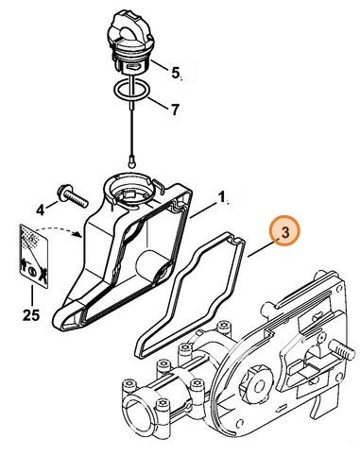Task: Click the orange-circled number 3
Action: tap(283, 231)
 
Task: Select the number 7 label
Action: tap(174, 110)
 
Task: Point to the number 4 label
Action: tap(40, 209)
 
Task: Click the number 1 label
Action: tap(222, 198)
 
